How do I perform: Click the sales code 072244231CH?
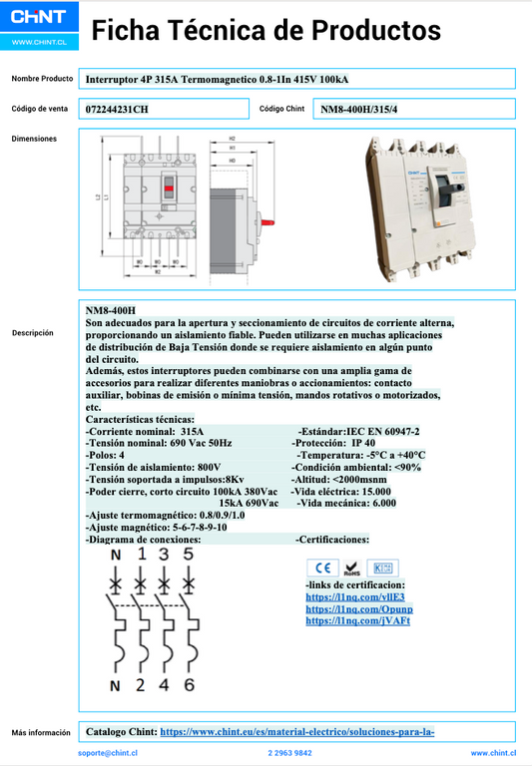pos(117,109)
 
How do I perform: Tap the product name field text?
pos(217,79)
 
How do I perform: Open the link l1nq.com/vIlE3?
pos(340,596)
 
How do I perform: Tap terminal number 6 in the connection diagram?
pos(188,685)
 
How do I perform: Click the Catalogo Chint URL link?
pos(296,732)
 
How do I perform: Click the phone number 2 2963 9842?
pos(289,754)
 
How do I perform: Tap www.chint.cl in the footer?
pos(493,754)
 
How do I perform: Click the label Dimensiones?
pos(34,139)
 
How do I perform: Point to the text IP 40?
pos(363,443)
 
